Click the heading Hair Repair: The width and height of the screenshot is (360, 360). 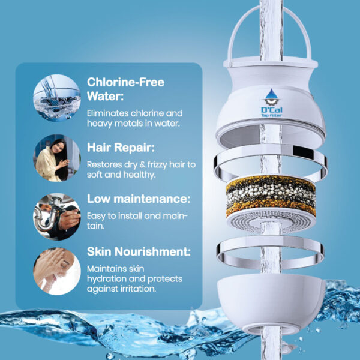tap(121, 148)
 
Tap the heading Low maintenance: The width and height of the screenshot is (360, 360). tap(139, 199)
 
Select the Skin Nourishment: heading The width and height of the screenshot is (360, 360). tap(139, 251)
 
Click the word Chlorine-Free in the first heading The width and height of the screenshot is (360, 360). tap(125, 82)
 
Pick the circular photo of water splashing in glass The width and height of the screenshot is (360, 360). tap(57, 98)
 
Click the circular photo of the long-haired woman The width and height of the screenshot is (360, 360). tap(57, 158)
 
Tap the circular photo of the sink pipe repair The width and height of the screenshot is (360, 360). tap(57, 217)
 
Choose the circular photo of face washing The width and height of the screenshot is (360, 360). tap(57, 271)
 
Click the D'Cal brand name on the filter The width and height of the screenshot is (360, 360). tap(272, 110)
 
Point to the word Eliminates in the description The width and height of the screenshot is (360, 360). tap(107, 113)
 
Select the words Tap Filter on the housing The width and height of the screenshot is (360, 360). tap(272, 115)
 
